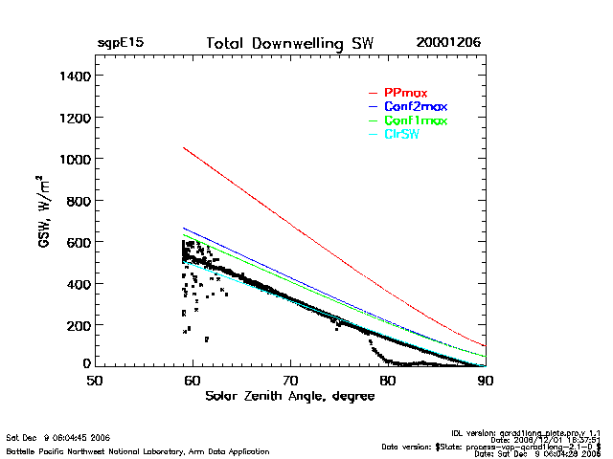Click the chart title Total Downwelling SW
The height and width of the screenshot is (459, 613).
290,44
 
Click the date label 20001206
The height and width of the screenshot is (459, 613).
448,44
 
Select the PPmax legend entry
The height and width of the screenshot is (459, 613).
404,93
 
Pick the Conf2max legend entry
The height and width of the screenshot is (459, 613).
415,106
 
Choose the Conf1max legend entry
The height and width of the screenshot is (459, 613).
415,120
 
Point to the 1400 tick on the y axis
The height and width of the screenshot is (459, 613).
74,76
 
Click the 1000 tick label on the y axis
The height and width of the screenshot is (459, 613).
74,159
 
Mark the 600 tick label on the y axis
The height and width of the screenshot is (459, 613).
78,242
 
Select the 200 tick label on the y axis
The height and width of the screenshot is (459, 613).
78,325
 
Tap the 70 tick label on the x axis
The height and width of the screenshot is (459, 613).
290,380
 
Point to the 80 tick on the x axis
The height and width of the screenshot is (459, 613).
388,380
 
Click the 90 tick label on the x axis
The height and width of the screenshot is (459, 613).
486,380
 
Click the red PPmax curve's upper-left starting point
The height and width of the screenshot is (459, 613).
183,147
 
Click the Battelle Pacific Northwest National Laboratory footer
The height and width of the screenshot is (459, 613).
137,450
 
